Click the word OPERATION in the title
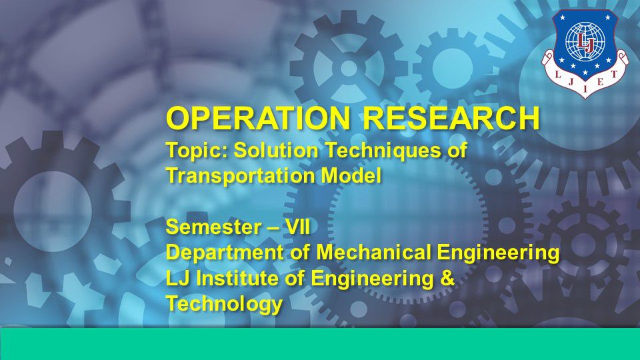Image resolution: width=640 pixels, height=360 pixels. click(257, 118)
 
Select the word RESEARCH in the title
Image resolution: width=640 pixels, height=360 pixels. click(451, 118)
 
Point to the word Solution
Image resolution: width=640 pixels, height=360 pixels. click(276, 150)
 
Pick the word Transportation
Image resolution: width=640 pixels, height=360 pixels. click(240, 176)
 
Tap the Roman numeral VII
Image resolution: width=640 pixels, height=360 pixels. click(297, 227)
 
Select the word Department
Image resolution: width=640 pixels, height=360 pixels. click(224, 253)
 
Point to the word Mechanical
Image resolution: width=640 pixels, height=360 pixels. click(373, 252)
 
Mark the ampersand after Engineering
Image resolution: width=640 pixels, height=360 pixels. click(447, 278)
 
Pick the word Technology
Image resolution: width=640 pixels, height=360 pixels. click(224, 304)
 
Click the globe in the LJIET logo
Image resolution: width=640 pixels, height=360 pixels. click(585, 41)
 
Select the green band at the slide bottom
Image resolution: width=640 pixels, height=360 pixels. click(320, 344)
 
